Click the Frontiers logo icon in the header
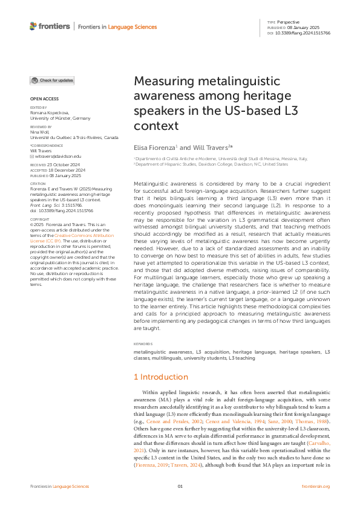33,26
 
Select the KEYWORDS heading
143,345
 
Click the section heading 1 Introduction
160,377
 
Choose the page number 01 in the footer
180,487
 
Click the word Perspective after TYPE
289,22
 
